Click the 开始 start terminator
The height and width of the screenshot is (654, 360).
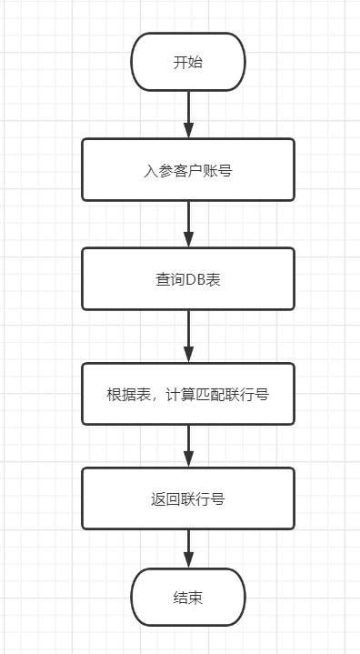point(188,62)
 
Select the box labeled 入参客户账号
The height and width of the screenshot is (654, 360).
point(188,169)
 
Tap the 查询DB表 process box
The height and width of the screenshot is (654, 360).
point(188,278)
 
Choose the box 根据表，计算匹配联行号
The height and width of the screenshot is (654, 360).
point(188,394)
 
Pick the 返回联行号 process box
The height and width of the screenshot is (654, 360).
point(188,498)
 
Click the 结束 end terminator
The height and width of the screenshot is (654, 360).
point(188,597)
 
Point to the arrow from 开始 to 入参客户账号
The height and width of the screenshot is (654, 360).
point(188,114)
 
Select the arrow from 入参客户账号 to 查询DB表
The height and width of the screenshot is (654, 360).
point(188,223)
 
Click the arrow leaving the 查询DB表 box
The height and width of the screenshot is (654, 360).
point(188,336)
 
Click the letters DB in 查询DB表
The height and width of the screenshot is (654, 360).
point(195,279)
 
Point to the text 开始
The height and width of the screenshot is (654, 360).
point(188,63)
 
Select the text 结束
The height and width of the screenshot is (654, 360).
point(188,598)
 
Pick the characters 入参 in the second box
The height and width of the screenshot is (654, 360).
point(156,170)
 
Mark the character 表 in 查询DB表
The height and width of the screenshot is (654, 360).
point(214,279)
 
